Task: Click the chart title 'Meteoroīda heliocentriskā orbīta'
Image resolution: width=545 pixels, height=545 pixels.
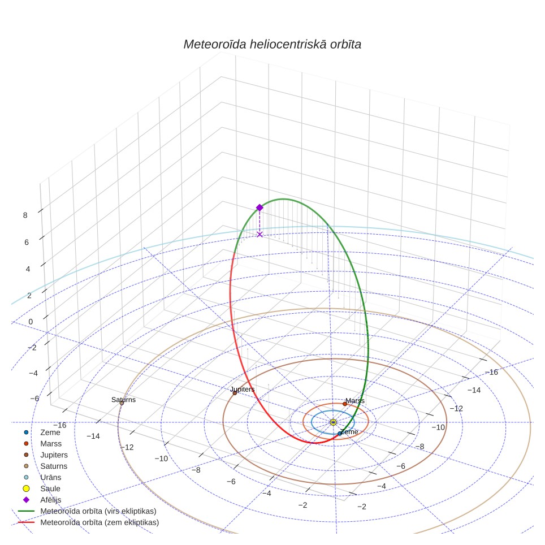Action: click(272, 45)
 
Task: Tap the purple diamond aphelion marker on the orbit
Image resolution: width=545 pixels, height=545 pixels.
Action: click(259, 208)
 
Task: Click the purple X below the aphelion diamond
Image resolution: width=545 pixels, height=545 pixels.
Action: click(259, 235)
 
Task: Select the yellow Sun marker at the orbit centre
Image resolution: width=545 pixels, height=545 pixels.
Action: click(333, 422)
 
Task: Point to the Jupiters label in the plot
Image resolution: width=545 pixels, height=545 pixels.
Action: click(243, 390)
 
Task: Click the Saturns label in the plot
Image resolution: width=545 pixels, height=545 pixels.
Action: click(123, 400)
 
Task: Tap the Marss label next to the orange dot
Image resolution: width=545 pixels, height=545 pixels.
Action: click(355, 401)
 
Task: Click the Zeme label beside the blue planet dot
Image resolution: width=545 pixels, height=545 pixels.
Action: click(349, 432)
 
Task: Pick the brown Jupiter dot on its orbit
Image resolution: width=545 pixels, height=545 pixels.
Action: click(235, 393)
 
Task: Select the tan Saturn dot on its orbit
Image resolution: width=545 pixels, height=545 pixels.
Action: click(122, 403)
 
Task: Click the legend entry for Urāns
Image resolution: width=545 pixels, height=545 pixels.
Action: click(51, 477)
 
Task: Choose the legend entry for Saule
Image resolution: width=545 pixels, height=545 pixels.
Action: click(50, 488)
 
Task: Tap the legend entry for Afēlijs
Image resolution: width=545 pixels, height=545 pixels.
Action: click(51, 500)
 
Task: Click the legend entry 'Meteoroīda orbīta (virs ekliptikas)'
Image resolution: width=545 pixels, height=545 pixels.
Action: click(98, 511)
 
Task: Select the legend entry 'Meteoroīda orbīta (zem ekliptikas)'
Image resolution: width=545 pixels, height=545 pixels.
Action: click(100, 522)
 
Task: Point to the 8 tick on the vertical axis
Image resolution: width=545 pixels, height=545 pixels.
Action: click(25, 215)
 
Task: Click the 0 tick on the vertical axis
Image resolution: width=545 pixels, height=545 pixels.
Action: click(31, 322)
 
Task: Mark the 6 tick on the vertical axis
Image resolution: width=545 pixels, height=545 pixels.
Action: click(27, 243)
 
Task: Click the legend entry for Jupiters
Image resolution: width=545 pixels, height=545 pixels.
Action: click(54, 455)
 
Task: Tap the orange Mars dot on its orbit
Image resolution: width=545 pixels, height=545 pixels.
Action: click(345, 404)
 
